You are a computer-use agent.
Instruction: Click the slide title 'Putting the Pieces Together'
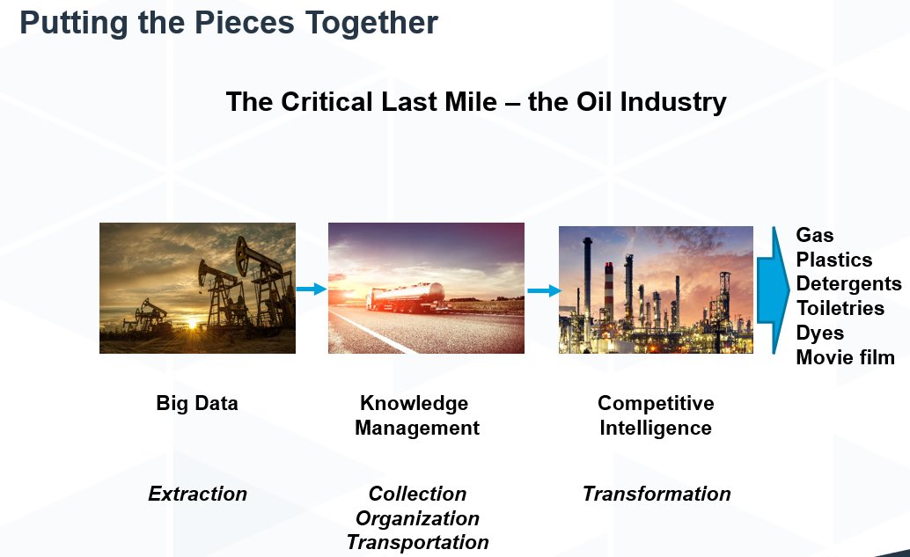229,23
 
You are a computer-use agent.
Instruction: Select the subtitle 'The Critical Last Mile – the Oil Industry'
476,102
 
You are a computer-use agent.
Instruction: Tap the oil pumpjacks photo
197,288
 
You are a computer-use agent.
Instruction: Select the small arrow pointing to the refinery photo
542,290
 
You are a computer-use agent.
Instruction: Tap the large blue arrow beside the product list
773,290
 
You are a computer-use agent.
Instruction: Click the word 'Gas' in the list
815,235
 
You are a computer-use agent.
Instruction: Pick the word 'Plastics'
834,260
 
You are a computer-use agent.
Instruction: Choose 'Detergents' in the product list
848,284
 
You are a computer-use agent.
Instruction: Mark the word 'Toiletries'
840,308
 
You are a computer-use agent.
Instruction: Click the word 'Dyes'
820,333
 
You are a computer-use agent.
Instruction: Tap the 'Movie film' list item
845,357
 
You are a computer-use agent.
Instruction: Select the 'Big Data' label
197,403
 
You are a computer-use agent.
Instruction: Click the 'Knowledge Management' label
417,415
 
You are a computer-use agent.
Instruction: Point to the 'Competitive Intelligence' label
656,415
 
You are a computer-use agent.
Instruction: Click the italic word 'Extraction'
197,494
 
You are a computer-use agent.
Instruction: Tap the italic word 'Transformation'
657,494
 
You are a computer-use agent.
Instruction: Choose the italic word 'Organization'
417,518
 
